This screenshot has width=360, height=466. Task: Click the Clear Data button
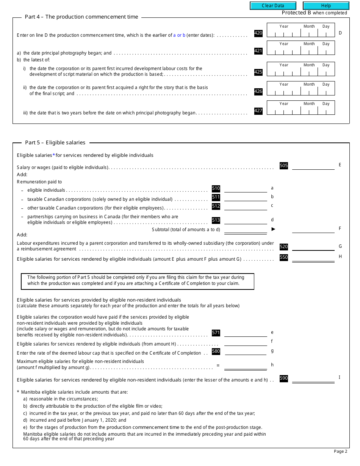click(273, 6)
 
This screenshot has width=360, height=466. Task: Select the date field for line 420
click(301, 30)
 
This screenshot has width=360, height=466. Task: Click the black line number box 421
click(258, 51)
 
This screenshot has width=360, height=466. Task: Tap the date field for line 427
click(301, 108)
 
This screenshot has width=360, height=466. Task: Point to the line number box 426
click(258, 91)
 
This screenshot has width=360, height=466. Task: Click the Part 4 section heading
click(81, 17)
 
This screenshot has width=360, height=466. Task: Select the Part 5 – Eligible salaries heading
click(55, 143)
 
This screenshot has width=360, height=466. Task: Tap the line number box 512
click(216, 206)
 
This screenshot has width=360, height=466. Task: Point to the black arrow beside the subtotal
click(273, 229)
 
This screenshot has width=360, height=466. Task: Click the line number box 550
click(283, 257)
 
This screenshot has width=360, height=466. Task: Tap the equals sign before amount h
click(218, 366)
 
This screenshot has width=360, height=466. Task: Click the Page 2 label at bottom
click(340, 451)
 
